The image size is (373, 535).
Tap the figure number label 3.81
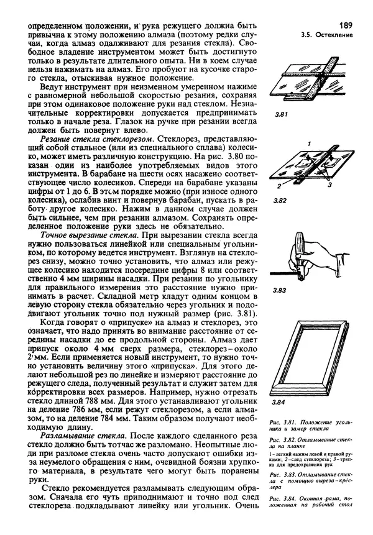pyautogui.click(x=280, y=114)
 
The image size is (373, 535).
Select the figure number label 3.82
pyautogui.click(x=280, y=202)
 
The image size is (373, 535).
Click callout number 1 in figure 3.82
pyautogui.click(x=308, y=144)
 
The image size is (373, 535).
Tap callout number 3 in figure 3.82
pyautogui.click(x=329, y=185)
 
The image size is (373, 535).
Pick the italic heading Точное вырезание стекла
pyautogui.click(x=78, y=237)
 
